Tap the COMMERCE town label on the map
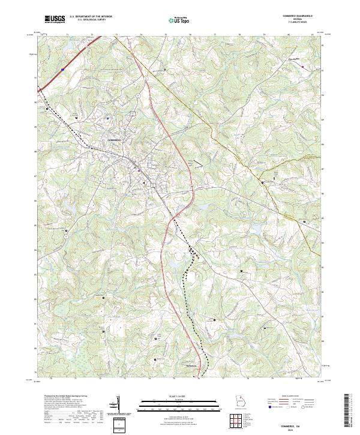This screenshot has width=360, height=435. pos(114,140)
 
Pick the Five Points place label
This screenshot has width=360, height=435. pos(293,59)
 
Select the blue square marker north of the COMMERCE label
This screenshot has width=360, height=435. pos(107,118)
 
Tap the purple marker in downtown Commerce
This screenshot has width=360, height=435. pos(140,170)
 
